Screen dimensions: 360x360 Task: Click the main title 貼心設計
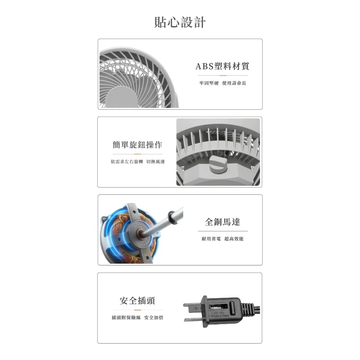[180, 22]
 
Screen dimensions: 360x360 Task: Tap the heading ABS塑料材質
[222, 66]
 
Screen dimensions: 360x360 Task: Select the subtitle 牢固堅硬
[209, 83]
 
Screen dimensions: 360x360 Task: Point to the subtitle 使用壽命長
[234, 83]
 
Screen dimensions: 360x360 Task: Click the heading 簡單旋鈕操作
[137, 144]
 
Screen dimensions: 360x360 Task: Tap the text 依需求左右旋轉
[127, 162]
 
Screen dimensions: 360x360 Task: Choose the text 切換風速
[155, 162]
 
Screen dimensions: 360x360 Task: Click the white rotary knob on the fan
[218, 165]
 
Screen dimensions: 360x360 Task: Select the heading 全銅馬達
[223, 222]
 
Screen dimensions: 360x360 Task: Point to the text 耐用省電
[211, 239]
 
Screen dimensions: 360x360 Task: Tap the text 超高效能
[234, 239]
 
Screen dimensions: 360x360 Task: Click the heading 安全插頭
[137, 301]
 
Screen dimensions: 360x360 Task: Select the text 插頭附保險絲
[126, 317]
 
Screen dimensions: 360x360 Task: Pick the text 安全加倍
[154, 317]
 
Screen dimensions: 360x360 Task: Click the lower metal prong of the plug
[193, 319]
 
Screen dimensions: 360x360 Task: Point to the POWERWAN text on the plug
[220, 316]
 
